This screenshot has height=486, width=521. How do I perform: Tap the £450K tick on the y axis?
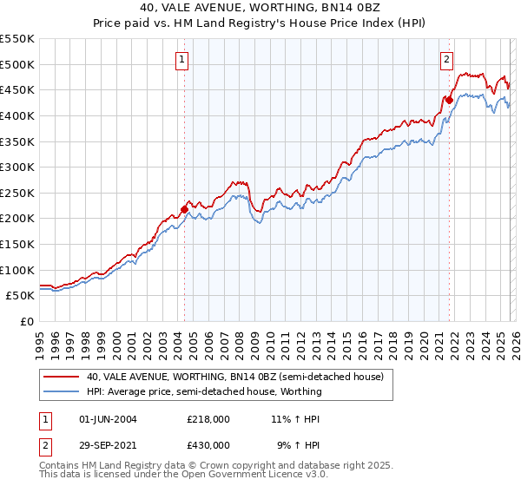[x=17, y=89]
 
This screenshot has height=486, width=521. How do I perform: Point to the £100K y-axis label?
[x=17, y=270]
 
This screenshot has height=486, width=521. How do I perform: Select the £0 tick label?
[x=28, y=321]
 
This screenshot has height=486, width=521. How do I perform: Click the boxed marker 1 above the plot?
[x=181, y=60]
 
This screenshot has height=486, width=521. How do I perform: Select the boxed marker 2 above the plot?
[x=446, y=60]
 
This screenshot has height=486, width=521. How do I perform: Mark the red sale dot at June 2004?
[x=184, y=208]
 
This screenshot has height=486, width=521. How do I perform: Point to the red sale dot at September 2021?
[x=449, y=100]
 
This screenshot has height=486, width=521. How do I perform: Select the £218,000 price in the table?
[x=208, y=419]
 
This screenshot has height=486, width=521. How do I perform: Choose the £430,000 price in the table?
[x=208, y=444]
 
